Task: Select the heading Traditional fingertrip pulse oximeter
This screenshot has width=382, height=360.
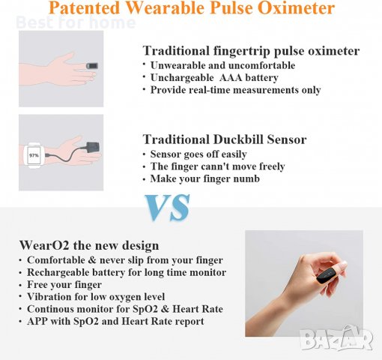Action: pos(251,52)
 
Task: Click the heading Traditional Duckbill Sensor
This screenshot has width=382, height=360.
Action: pos(224,139)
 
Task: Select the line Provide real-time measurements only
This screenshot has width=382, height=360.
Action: pos(235,90)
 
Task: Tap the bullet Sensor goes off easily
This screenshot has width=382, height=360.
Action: pos(202,154)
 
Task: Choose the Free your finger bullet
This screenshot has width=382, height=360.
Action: pos(63,285)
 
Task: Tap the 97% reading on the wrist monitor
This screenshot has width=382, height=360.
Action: pos(34,154)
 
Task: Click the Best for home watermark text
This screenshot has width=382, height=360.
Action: pos(75,22)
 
